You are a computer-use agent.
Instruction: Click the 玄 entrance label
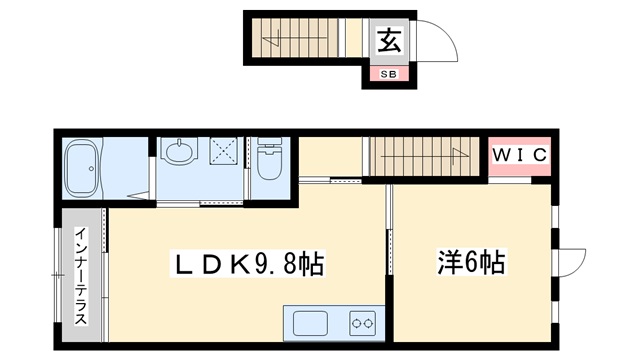(389, 41)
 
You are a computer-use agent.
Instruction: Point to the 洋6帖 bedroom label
(470, 264)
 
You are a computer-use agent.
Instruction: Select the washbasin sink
(179, 153)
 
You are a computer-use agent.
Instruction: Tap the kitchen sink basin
(310, 323)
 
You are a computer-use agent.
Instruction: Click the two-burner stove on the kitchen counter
(362, 323)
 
